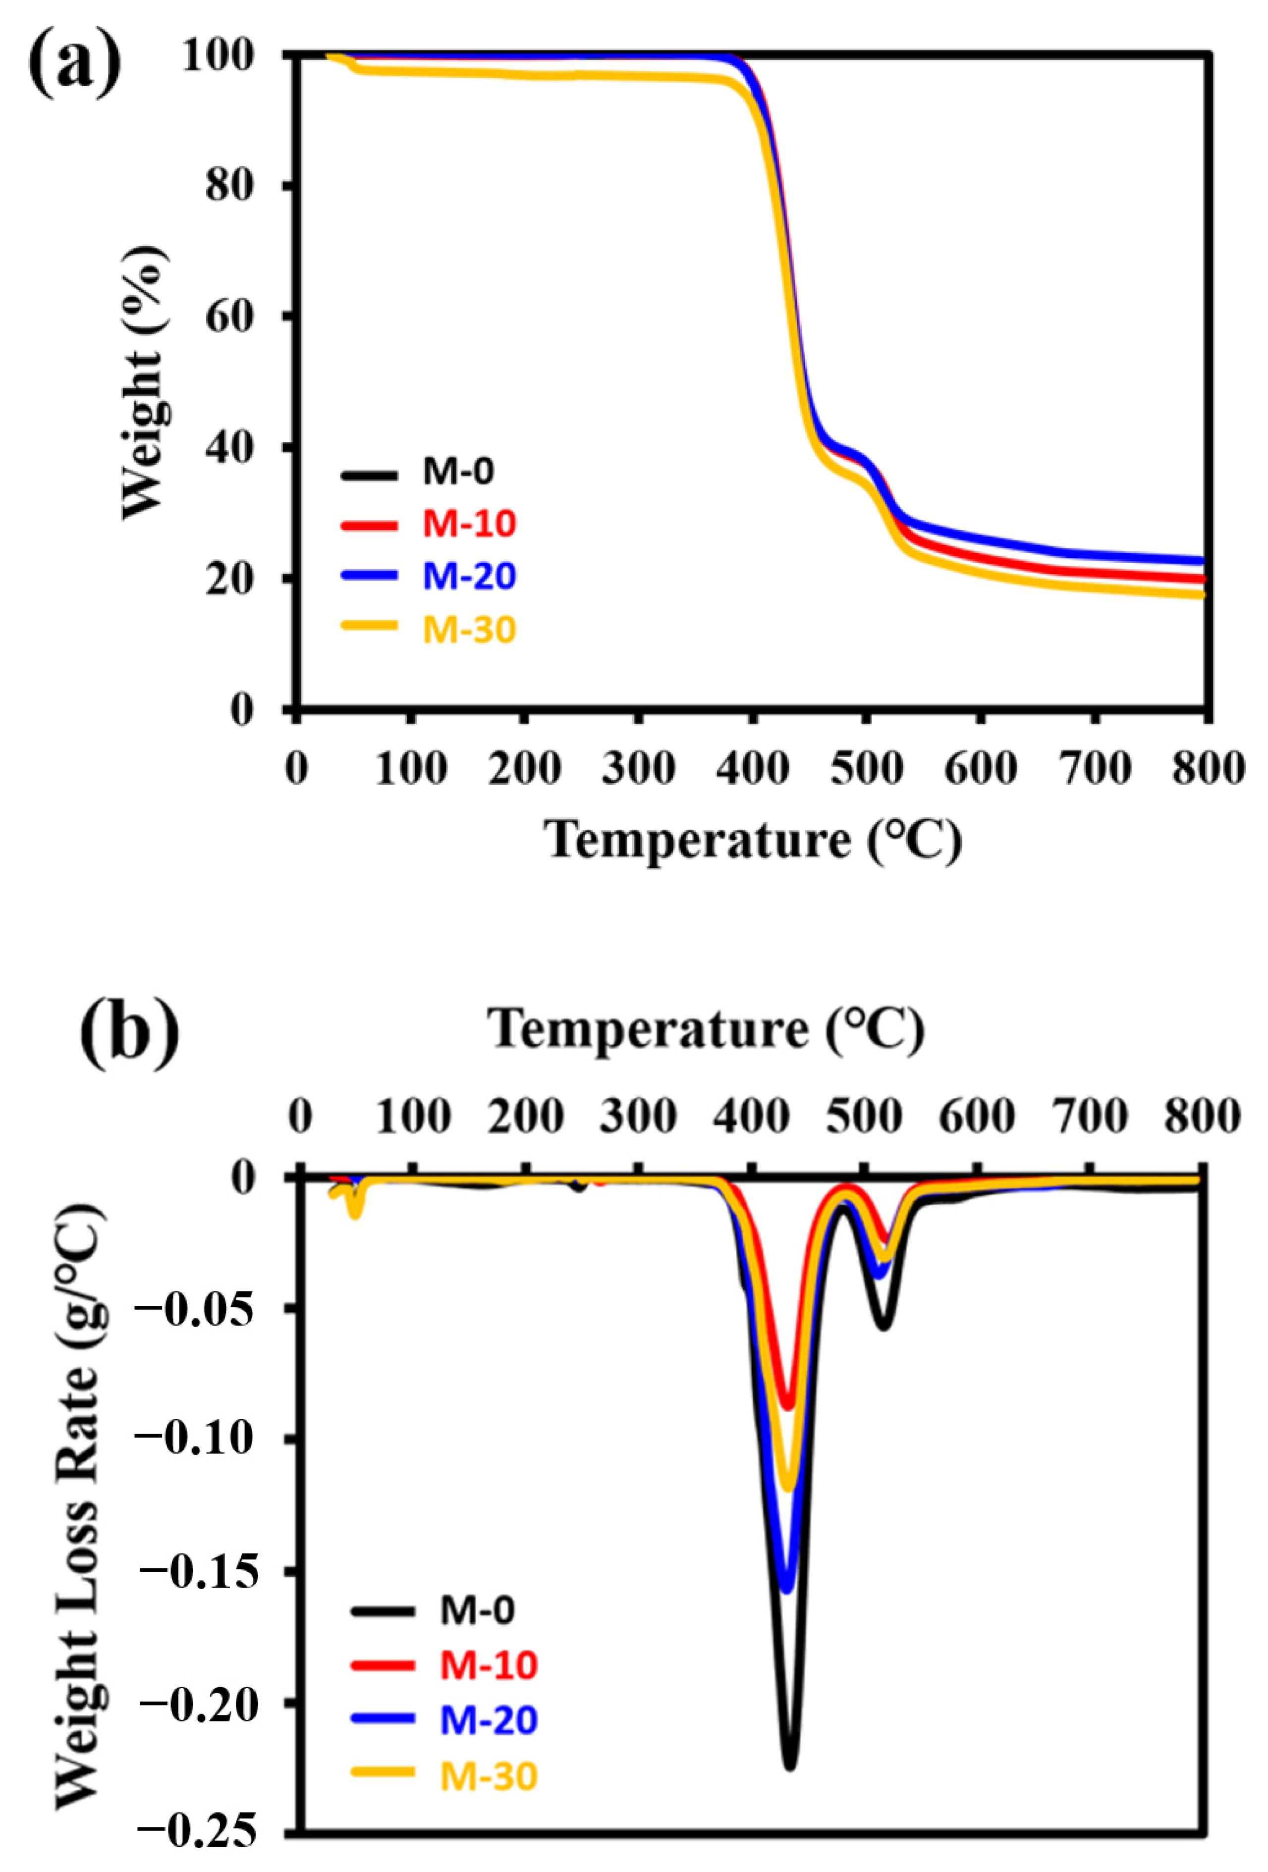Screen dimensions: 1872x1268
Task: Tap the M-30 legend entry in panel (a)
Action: [x=469, y=629]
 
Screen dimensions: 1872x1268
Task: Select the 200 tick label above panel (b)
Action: [x=526, y=1117]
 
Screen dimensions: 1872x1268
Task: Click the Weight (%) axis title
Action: [x=145, y=382]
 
